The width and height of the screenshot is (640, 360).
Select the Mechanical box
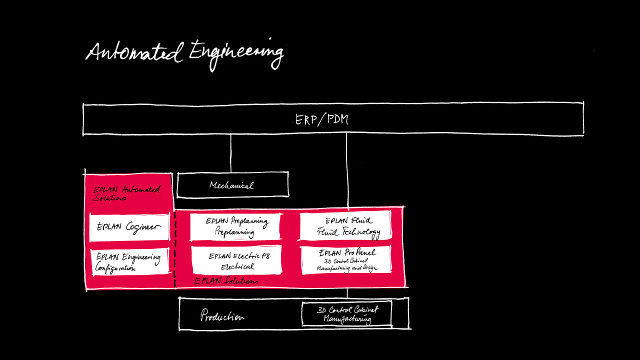232,185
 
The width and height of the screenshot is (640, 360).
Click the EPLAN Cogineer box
129,226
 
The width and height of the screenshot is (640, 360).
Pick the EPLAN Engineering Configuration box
129,261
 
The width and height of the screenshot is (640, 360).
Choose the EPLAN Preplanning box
235,226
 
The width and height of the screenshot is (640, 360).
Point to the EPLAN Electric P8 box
237,260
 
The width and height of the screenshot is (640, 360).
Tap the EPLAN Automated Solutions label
126,193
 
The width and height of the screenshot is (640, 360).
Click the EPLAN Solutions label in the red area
226,281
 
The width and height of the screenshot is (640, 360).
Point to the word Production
222,316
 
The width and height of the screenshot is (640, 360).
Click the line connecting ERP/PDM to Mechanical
230,153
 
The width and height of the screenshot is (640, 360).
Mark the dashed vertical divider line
175,250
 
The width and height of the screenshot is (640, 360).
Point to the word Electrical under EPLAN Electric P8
237,267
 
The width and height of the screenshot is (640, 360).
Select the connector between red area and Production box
347,292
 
